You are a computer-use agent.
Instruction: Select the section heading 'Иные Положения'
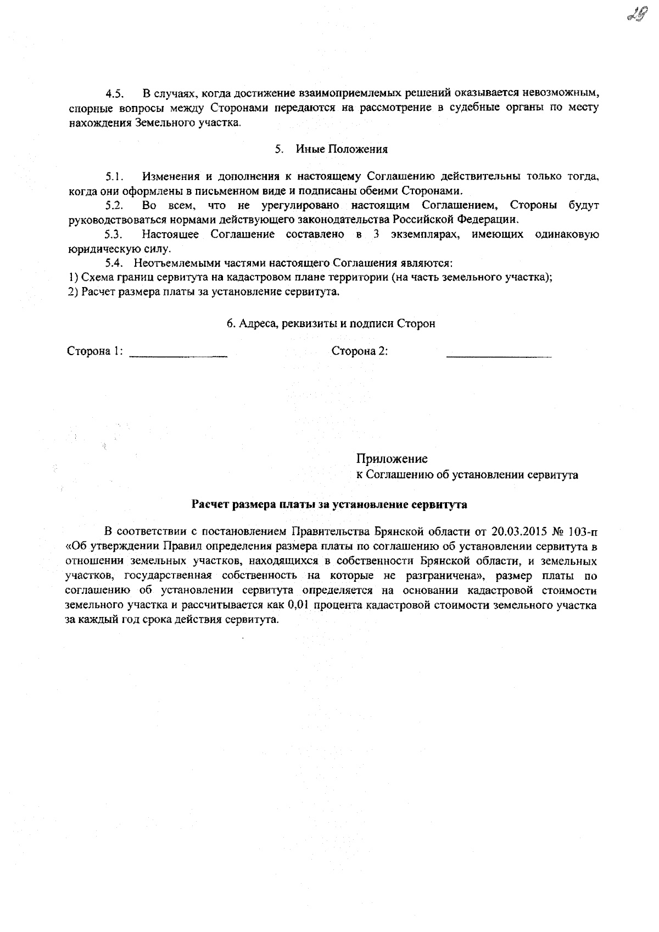342,149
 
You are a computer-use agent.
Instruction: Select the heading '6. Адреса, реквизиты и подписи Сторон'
331,324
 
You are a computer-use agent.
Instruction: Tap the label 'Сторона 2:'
360,351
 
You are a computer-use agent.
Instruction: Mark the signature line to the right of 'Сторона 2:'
499,357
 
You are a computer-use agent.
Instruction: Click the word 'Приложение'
392,459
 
